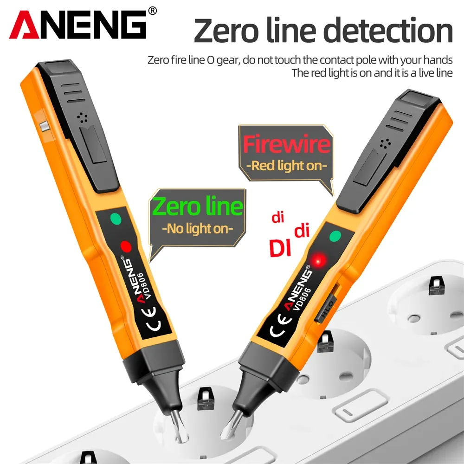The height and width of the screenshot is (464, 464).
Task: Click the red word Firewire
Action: tap(286, 144)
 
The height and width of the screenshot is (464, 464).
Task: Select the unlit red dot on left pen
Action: tap(125, 246)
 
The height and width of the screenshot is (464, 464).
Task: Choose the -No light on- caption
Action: tap(198, 228)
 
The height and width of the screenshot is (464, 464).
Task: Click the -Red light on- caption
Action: tap(286, 165)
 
